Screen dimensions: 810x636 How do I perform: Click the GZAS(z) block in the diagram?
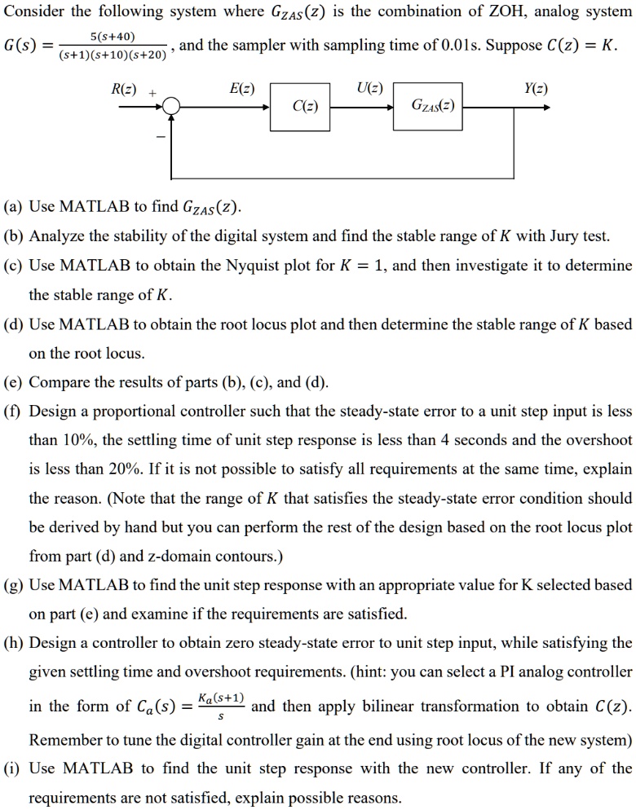[x=428, y=106]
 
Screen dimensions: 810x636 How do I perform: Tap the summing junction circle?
[x=171, y=106]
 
